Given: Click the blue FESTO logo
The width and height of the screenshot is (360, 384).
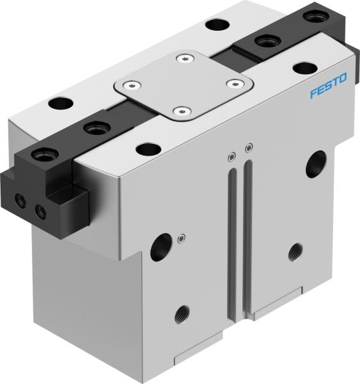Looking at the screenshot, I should (329, 86).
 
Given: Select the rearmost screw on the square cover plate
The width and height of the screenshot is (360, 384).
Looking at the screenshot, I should (185, 60).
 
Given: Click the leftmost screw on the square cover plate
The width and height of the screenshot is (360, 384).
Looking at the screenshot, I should (132, 84).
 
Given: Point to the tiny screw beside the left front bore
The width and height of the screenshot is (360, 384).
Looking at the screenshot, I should (182, 238).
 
